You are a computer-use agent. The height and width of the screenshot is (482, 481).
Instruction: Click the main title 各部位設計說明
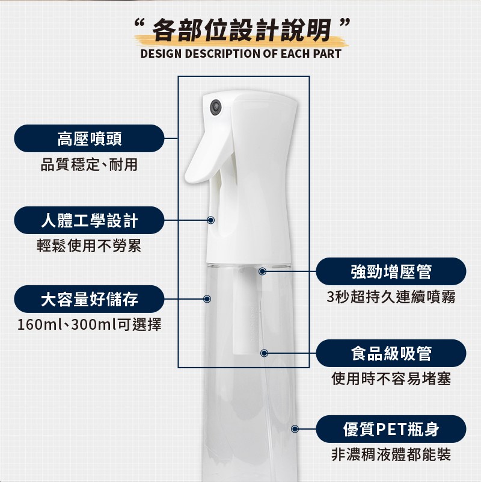pyautogui.click(x=242, y=30)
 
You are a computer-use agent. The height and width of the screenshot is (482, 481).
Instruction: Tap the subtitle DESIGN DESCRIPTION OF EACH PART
pyautogui.click(x=241, y=54)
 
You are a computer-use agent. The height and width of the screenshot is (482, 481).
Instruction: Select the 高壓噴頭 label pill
pyautogui.click(x=89, y=138)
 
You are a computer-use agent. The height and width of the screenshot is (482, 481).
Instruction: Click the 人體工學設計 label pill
pyautogui.click(x=89, y=220)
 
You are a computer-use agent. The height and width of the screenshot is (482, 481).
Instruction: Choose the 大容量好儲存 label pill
pyautogui.click(x=89, y=299)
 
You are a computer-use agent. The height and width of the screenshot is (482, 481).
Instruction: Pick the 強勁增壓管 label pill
pyautogui.click(x=391, y=271)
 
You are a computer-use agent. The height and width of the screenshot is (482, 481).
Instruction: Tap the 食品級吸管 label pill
pyautogui.click(x=391, y=353)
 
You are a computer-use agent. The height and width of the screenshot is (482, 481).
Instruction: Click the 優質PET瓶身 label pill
pyautogui.click(x=391, y=429)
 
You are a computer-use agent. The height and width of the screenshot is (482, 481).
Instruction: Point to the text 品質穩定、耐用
pyautogui.click(x=89, y=164)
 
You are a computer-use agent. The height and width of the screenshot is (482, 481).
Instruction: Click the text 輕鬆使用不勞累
pyautogui.click(x=89, y=246)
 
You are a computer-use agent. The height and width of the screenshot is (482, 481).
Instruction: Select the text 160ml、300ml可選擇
pyautogui.click(x=89, y=324)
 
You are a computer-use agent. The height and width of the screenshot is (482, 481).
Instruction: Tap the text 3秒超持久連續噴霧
pyautogui.click(x=391, y=297)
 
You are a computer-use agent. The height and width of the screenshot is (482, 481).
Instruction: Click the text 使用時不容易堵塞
pyautogui.click(x=391, y=378)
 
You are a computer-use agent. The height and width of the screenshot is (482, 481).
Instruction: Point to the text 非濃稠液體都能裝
pyautogui.click(x=391, y=454)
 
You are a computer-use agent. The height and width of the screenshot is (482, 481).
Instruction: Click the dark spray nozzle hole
pyautogui.click(x=216, y=107)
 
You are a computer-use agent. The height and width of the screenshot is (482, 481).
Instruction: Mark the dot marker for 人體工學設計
pyautogui.click(x=210, y=220)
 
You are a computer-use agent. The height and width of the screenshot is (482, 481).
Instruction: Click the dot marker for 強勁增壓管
pyautogui.click(x=262, y=271)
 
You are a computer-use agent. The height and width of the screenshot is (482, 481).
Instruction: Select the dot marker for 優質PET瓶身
pyautogui.click(x=295, y=429)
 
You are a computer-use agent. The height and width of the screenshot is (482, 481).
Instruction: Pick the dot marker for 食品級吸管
pyautogui.click(x=264, y=353)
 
